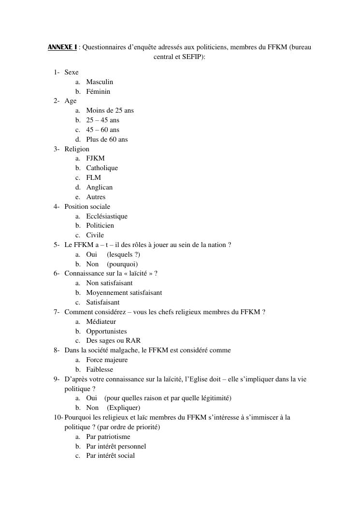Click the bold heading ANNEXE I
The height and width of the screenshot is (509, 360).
tap(62, 47)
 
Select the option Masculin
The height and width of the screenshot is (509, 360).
tap(100, 82)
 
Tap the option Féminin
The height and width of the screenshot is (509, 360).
tap(98, 91)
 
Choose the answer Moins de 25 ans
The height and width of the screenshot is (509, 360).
tap(110, 110)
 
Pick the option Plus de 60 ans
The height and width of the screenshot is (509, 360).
tap(107, 139)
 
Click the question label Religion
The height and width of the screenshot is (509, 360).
tap(77, 149)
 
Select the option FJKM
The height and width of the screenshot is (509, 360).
tap(95, 158)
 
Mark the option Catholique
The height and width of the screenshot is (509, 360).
tap(102, 168)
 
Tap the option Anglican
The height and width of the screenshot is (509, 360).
tap(99, 187)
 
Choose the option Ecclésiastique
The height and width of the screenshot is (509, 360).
tap(107, 216)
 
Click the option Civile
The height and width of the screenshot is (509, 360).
tap(95, 235)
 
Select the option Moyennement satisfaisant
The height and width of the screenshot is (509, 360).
tap(124, 292)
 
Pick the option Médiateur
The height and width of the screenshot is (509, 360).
tap(101, 321)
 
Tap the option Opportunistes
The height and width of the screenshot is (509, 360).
tap(106, 331)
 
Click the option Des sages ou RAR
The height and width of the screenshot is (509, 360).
tap(113, 340)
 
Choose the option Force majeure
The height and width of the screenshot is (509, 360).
tap(107, 360)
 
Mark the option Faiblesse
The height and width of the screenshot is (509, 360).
tap(100, 369)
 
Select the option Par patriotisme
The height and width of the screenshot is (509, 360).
tap(108, 436)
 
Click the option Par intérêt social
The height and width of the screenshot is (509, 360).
tap(110, 455)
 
